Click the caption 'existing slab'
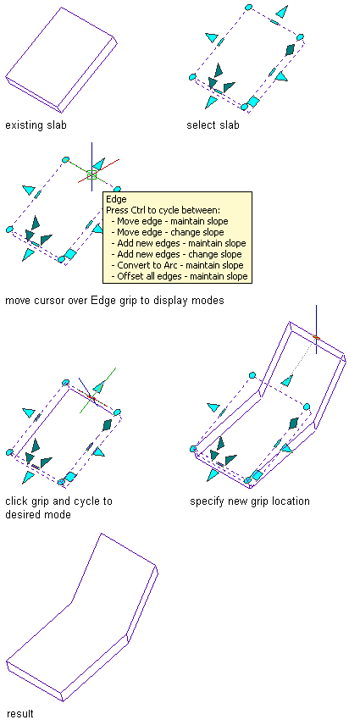point(36,125)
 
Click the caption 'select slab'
point(213,125)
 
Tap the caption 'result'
point(19,713)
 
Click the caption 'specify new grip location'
point(250,501)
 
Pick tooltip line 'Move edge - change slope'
point(170,232)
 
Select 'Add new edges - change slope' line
point(176,254)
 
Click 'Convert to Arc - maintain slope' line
point(177,265)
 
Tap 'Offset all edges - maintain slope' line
point(180,276)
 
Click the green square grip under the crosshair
point(91,174)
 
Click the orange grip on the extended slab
point(316,338)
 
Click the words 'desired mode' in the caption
point(38,514)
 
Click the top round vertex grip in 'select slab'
point(249,8)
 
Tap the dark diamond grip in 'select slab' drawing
point(290,49)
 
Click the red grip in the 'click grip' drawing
point(91,398)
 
